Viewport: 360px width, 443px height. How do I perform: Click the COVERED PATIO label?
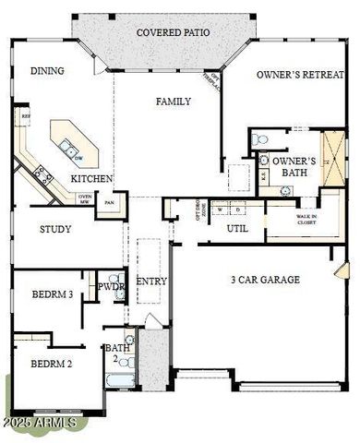pyautogui.click(x=173, y=32)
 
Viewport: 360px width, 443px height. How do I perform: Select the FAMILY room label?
pyautogui.click(x=173, y=102)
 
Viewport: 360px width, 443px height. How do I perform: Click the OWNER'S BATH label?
pyautogui.click(x=294, y=166)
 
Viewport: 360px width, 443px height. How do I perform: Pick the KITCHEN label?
pyautogui.click(x=92, y=178)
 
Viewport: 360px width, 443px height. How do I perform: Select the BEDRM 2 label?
pyautogui.click(x=44, y=363)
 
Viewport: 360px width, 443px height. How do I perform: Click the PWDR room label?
pyautogui.click(x=112, y=287)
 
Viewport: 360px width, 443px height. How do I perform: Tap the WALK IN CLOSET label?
pyautogui.click(x=306, y=220)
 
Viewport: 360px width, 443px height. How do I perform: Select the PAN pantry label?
pyautogui.click(x=109, y=202)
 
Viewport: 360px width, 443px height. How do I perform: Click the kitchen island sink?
pyautogui.click(x=67, y=146)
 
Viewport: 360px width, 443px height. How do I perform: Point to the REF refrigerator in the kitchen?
pyautogui.click(x=25, y=118)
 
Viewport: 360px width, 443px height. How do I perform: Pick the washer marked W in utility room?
pyautogui.click(x=221, y=209)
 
